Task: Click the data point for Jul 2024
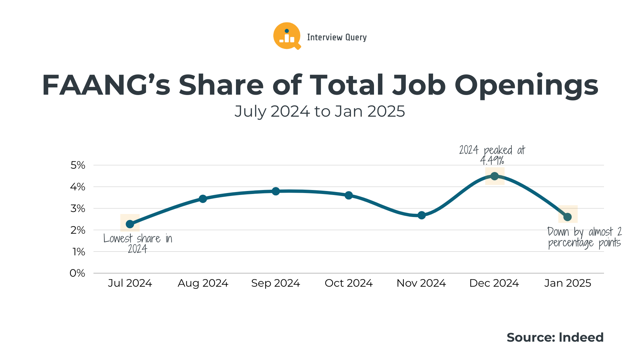(130, 224)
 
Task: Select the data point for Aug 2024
(203, 199)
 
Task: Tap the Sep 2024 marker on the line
(276, 191)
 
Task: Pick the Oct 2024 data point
(349, 195)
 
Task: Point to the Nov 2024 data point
(422, 215)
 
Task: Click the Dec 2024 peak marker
(495, 176)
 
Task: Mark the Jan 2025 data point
(568, 217)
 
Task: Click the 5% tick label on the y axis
(78, 165)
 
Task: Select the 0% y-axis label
(77, 273)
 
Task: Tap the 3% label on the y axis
(78, 209)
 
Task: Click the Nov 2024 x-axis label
(421, 283)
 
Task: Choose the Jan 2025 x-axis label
(568, 283)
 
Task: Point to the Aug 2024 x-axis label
(203, 283)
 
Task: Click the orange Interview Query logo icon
(287, 36)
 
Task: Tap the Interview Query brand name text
(337, 37)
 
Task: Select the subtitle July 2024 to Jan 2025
(320, 111)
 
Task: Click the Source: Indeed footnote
(555, 337)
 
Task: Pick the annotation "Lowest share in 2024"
(138, 243)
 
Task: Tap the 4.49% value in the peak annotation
(492, 161)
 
